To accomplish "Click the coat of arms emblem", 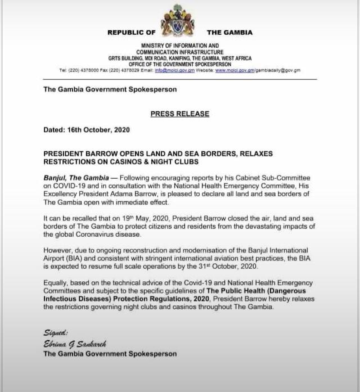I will [x=180, y=22].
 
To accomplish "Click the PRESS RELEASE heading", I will [x=180, y=114].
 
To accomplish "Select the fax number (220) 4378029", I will [x=123, y=70].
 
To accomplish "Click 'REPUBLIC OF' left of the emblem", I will [x=132, y=33].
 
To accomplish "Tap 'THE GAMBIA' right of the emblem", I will [x=229, y=33].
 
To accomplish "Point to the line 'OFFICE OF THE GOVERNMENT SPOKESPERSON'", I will [x=180, y=64].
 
